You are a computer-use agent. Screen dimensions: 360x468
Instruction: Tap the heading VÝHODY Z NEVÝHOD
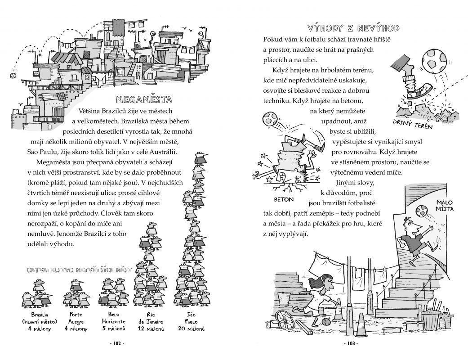click(352, 28)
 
